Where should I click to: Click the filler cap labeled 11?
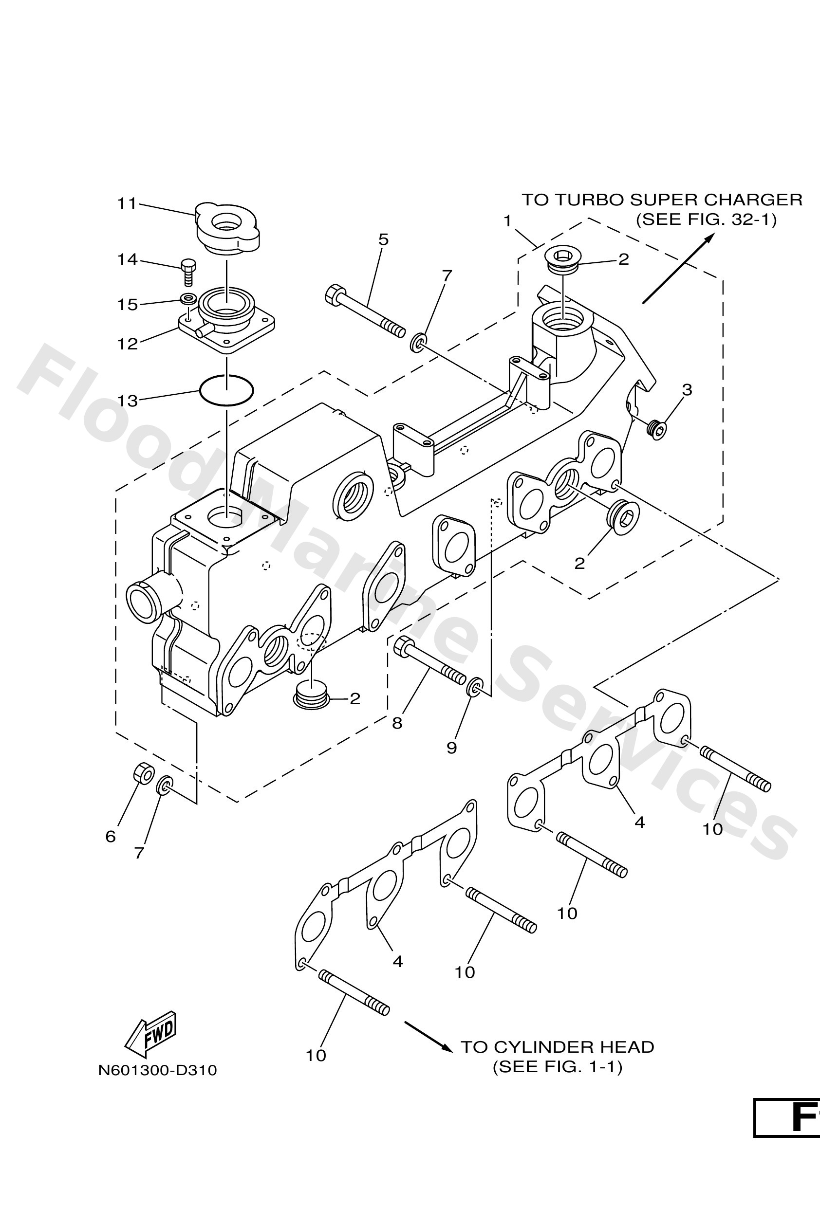click(x=227, y=230)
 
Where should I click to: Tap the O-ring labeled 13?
click(x=226, y=390)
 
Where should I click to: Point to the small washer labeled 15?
click(x=187, y=299)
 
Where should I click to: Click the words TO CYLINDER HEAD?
click(x=557, y=1047)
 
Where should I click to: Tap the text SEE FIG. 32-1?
click(x=706, y=219)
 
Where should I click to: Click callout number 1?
click(x=508, y=222)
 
